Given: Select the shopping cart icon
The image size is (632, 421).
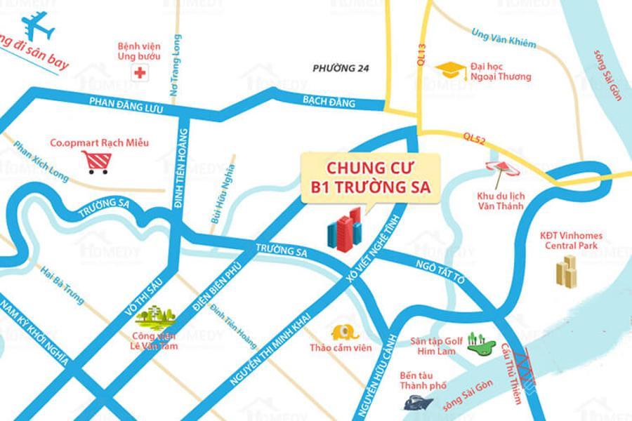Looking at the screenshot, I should pyautogui.click(x=96, y=161).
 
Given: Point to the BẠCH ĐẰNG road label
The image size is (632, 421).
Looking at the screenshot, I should pyautogui.click(x=329, y=101).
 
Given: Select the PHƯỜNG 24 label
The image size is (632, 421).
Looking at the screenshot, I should pyautogui.click(x=341, y=68).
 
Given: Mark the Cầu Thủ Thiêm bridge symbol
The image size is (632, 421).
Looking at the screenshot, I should pyautogui.click(x=524, y=364).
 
